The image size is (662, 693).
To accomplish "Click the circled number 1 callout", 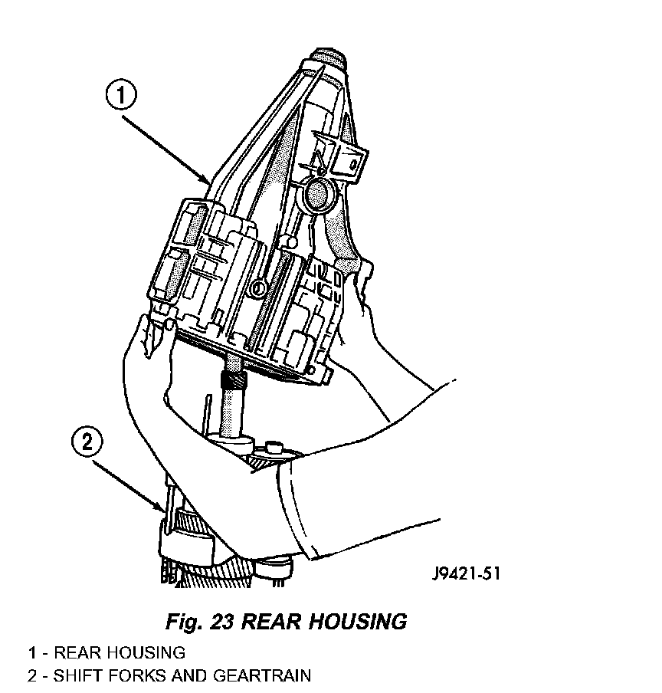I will pos(122,97).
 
